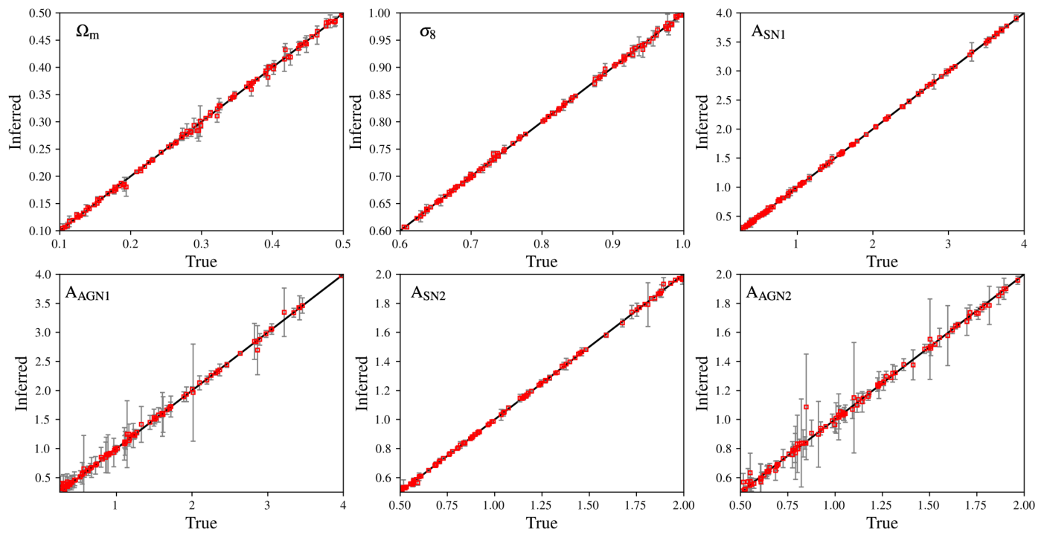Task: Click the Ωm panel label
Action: pyautogui.click(x=88, y=33)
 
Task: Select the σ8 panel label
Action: pyautogui.click(x=427, y=33)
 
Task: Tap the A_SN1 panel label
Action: pyautogui.click(x=769, y=32)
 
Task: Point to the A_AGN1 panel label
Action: pyautogui.click(x=88, y=293)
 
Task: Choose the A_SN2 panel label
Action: pyautogui.click(x=428, y=293)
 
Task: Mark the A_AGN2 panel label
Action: pyautogui.click(x=769, y=293)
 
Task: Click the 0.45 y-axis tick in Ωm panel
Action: pyautogui.click(x=42, y=40)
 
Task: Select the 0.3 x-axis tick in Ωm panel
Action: pyautogui.click(x=202, y=244)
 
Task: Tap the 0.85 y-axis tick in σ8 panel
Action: pyautogui.click(x=382, y=95)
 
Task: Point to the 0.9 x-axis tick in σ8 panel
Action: pyautogui.click(x=612, y=244)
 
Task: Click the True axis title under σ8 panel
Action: pyautogui.click(x=542, y=261)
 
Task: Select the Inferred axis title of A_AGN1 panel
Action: pyautogui.click(x=21, y=383)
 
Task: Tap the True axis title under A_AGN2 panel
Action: pyautogui.click(x=882, y=523)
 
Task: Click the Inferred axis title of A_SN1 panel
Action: pyautogui.click(x=702, y=122)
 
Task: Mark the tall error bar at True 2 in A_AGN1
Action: pyautogui.click(x=193, y=392)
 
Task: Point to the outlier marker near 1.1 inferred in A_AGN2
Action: pyautogui.click(x=806, y=407)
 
